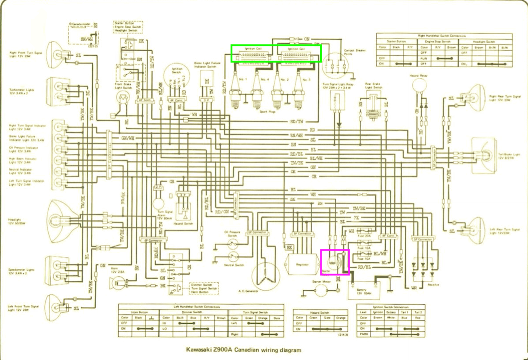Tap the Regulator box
[302, 264]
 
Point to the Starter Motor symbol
[321, 291]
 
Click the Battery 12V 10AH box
[364, 291]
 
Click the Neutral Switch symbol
[232, 256]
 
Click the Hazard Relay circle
[420, 85]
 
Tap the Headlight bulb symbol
[60, 220]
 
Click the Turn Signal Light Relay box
[338, 100]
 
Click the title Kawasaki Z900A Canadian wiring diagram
[243, 350]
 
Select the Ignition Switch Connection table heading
[391, 307]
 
